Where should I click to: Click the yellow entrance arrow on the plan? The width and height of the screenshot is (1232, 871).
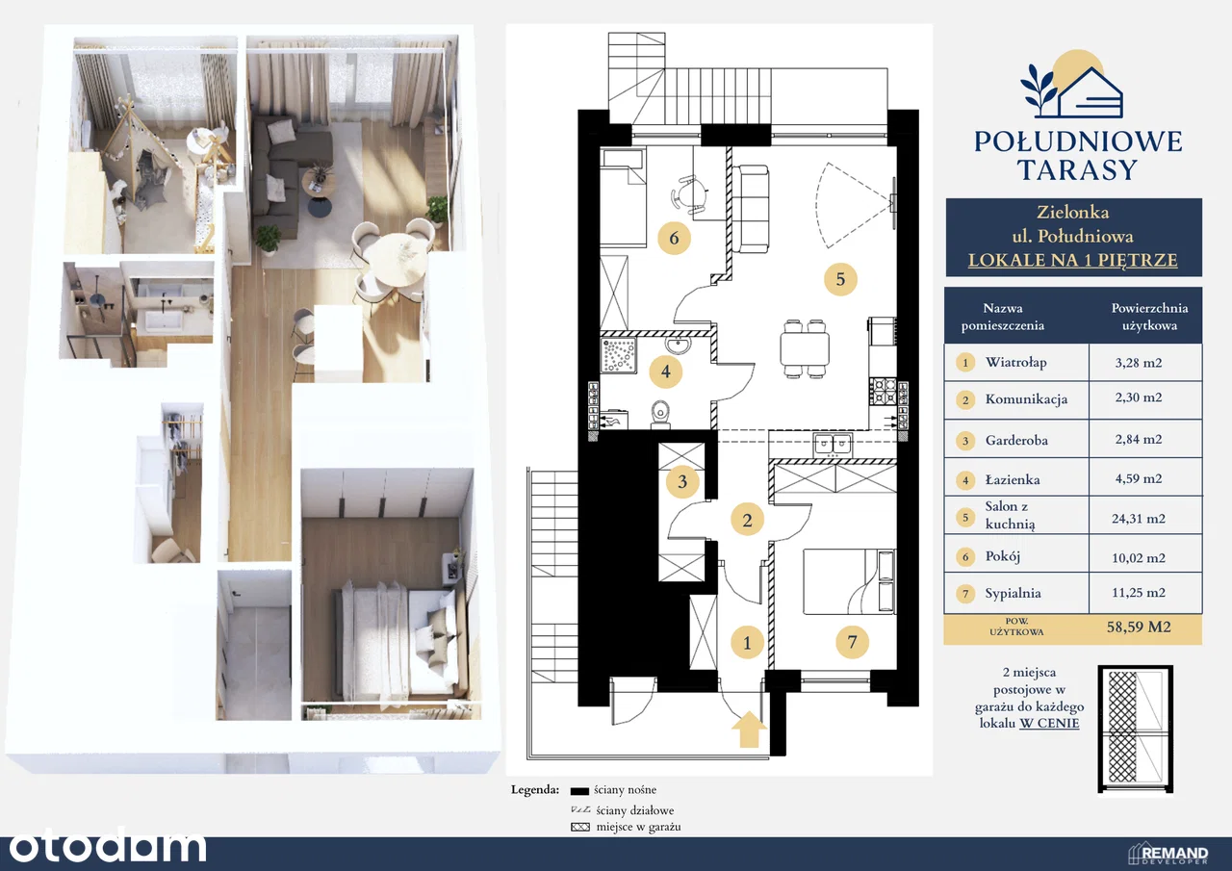click(x=749, y=730)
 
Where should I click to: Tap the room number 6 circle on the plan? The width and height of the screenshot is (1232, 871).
click(x=674, y=238)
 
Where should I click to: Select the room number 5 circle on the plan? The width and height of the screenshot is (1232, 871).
click(x=840, y=279)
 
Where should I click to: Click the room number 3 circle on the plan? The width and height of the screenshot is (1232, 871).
click(x=682, y=481)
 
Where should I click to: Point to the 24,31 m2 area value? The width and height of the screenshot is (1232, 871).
click(x=1138, y=519)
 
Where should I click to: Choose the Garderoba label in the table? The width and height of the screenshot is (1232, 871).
click(x=1016, y=440)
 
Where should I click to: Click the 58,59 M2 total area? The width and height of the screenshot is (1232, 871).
click(x=1139, y=627)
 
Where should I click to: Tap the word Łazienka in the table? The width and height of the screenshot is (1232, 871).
click(x=1012, y=479)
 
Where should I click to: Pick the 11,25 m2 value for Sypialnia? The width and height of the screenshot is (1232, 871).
click(x=1138, y=592)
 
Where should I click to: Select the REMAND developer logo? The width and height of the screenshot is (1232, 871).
click(x=1168, y=854)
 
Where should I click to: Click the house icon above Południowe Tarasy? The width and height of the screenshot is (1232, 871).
click(x=1072, y=91)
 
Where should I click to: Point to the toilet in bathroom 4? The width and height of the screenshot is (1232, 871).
click(x=660, y=414)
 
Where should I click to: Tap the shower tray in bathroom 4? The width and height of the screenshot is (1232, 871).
click(x=619, y=356)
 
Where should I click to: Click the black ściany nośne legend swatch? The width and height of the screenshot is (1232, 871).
click(x=579, y=791)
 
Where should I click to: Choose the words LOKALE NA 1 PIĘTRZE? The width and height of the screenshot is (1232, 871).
click(x=1072, y=260)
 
